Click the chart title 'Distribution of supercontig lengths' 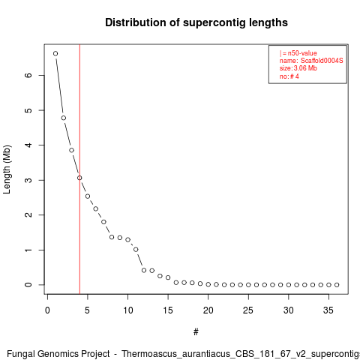196,22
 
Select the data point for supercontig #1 55,53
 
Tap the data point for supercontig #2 64,118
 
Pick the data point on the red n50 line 79,178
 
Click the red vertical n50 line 79,169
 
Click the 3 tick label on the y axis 28,180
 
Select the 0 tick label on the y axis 28,285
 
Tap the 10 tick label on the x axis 127,310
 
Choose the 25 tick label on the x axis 248,310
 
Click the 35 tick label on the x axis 328,310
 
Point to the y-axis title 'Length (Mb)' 7,169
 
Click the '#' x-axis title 196,332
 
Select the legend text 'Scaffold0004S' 322,61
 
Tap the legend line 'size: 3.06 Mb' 298,68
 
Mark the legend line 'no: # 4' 289,76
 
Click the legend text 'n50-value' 302,53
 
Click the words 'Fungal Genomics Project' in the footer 58,354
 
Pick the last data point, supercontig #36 337,285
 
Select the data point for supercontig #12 144,270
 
